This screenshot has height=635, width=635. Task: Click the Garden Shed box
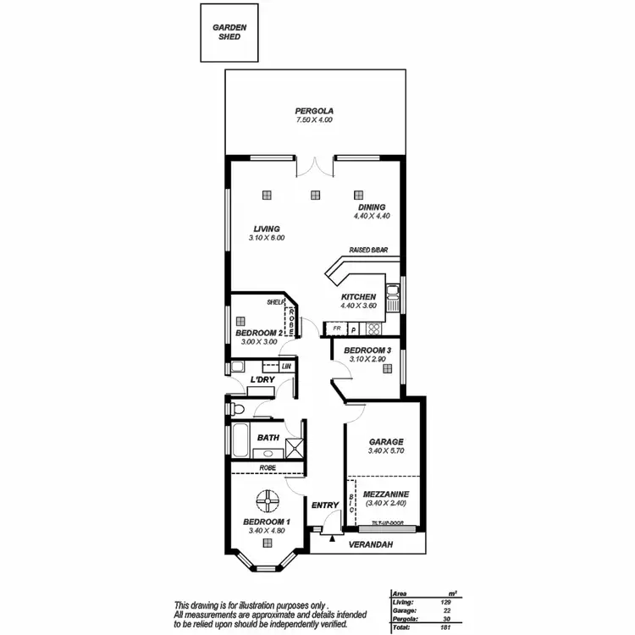[x=229, y=32]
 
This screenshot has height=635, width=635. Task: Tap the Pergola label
[x=314, y=111]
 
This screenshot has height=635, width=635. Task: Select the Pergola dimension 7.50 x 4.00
[x=314, y=121]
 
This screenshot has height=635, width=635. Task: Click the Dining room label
[x=371, y=207]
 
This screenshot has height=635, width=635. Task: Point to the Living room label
[x=267, y=229]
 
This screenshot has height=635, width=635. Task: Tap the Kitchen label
[x=358, y=297]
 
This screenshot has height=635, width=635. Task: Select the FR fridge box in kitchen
[x=336, y=328]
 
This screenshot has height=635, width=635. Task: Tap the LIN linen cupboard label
[x=286, y=367]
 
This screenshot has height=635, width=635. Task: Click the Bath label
[x=268, y=438]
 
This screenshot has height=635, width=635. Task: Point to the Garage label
[x=385, y=442]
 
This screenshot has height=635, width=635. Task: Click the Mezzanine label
[x=385, y=494]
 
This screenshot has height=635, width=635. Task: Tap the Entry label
[x=325, y=505]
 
